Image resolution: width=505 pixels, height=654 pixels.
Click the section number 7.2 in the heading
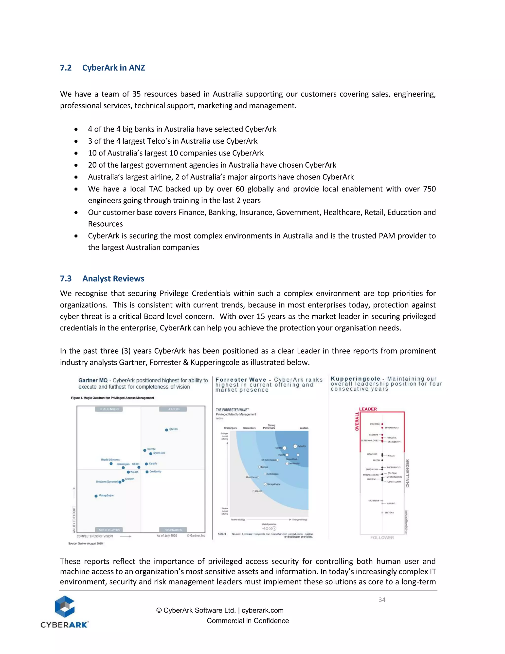pyautogui.click(x=66, y=68)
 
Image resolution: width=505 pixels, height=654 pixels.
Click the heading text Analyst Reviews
pyautogui.click(x=113, y=279)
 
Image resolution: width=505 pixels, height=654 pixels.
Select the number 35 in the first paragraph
pyautogui.click(x=136, y=94)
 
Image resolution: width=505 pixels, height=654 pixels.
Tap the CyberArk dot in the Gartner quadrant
pyautogui.click(x=167, y=430)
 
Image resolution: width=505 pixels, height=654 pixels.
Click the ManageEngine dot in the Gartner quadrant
pyautogui.click(x=96, y=496)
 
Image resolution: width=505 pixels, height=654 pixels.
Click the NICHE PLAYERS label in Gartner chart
pyautogui.click(x=109, y=530)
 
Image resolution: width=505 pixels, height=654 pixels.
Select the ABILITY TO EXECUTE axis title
pyautogui.click(x=74, y=519)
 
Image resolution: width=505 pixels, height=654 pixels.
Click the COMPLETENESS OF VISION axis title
pyautogui.click(x=95, y=536)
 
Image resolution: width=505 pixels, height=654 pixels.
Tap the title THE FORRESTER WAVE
pyautogui.click(x=232, y=410)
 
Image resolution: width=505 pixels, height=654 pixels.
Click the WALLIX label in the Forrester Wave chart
pyautogui.click(x=258, y=491)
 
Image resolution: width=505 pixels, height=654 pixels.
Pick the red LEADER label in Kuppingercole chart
pyautogui.click(x=368, y=409)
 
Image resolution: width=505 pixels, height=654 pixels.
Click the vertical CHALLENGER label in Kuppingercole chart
pyautogui.click(x=407, y=473)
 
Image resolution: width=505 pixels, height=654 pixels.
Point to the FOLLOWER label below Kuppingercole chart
pyautogui.click(x=382, y=538)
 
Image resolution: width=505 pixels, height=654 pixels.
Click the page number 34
pyautogui.click(x=382, y=600)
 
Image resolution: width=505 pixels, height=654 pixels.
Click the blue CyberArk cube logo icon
pyautogui.click(x=65, y=606)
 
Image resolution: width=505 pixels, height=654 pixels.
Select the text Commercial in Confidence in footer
pyautogui.click(x=248, y=621)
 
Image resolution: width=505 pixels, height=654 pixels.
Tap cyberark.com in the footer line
pyautogui.click(x=262, y=610)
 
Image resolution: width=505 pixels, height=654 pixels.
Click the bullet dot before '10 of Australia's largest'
pyautogui.click(x=76, y=153)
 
